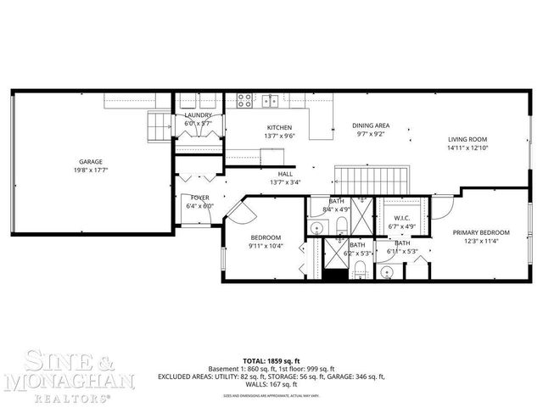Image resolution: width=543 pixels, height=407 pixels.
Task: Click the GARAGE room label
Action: [91, 161]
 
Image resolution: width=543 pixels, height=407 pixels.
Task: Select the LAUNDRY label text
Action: [198, 115]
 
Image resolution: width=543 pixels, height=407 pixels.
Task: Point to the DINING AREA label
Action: [371, 125]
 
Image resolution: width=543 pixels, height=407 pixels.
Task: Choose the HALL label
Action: [285, 174]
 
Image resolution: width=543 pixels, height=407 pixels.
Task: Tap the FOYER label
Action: [199, 198]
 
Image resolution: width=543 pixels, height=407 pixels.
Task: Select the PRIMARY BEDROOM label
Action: [481, 232]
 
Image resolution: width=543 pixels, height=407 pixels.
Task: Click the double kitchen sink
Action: [271, 100]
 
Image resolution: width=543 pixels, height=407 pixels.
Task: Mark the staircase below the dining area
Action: [370, 179]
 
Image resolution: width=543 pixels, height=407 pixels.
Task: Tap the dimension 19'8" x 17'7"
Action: [91, 170]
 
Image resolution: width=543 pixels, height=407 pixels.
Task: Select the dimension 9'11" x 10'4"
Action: [266, 247]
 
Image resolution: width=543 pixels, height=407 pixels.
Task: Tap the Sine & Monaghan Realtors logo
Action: [70, 373]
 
